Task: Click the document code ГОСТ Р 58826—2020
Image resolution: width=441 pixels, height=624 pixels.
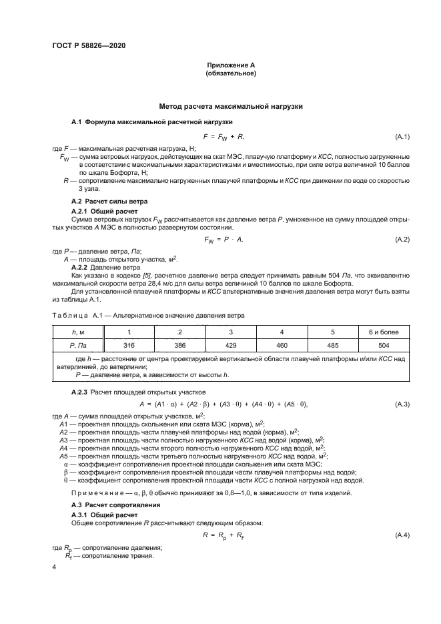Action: click(x=88, y=45)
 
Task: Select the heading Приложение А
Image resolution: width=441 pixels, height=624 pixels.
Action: click(x=231, y=65)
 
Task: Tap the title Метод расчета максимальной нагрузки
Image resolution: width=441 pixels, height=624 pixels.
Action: click(x=231, y=106)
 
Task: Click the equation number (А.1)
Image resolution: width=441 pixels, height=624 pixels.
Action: click(x=402, y=137)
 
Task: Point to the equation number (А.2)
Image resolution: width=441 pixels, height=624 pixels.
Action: click(x=402, y=239)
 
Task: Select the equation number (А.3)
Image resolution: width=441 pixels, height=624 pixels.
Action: click(x=402, y=404)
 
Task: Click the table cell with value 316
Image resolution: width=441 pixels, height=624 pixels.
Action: click(x=129, y=346)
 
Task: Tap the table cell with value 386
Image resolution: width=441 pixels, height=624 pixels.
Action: click(x=179, y=346)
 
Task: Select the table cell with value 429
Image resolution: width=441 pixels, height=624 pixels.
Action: click(x=231, y=346)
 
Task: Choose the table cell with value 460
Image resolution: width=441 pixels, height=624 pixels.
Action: click(x=282, y=346)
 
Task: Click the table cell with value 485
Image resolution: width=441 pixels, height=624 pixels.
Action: click(x=332, y=346)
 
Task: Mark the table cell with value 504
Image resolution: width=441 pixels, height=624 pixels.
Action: click(x=384, y=346)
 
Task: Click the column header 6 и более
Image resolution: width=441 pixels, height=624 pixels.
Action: click(x=384, y=332)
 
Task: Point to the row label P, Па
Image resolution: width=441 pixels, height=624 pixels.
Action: click(x=79, y=346)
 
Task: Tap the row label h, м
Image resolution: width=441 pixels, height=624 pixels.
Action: click(x=79, y=332)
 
